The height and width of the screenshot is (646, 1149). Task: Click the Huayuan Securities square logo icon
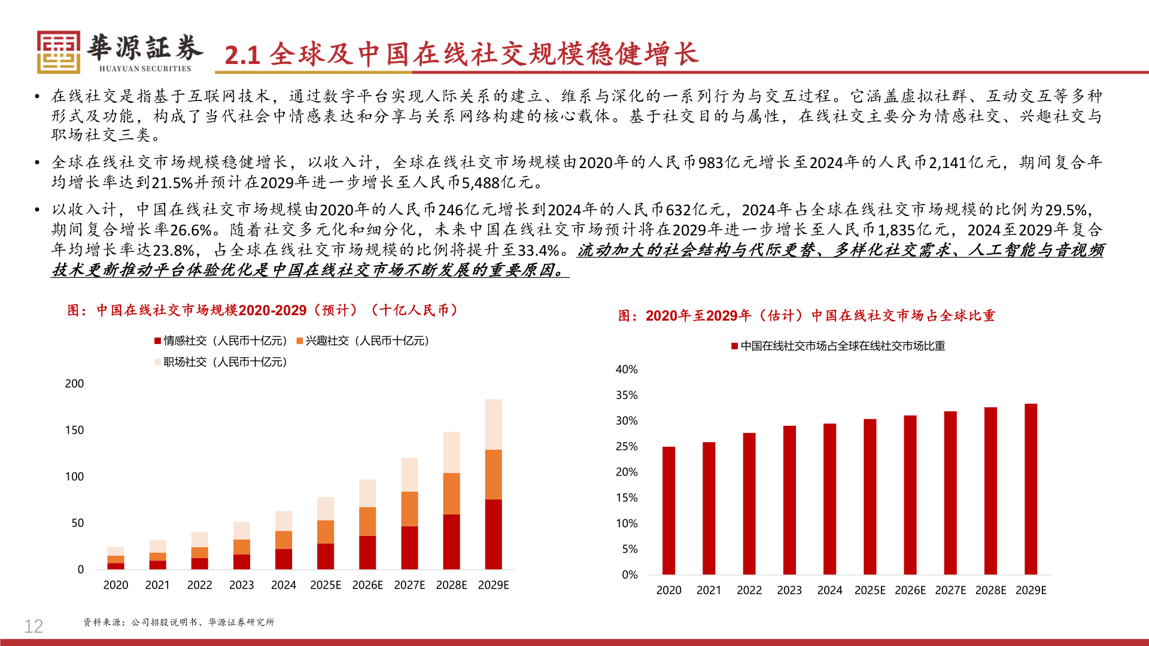[x=58, y=53]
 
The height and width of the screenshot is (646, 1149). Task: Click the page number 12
[x=34, y=626]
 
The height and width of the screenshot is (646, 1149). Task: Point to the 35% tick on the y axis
[x=627, y=395]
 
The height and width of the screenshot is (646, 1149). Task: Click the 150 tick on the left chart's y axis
[x=74, y=430]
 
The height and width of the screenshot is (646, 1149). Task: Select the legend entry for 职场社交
[x=221, y=362]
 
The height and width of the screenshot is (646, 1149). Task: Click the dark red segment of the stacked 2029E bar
[x=493, y=534]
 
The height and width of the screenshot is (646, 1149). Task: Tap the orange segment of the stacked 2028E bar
[x=451, y=493]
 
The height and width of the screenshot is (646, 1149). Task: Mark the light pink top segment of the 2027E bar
[x=409, y=475]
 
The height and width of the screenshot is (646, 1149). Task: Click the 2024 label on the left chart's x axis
[x=283, y=585]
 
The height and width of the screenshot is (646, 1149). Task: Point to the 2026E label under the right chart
[x=910, y=590]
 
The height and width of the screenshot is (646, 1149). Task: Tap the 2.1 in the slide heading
[x=242, y=55]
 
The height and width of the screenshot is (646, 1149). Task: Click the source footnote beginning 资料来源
[x=178, y=622]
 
